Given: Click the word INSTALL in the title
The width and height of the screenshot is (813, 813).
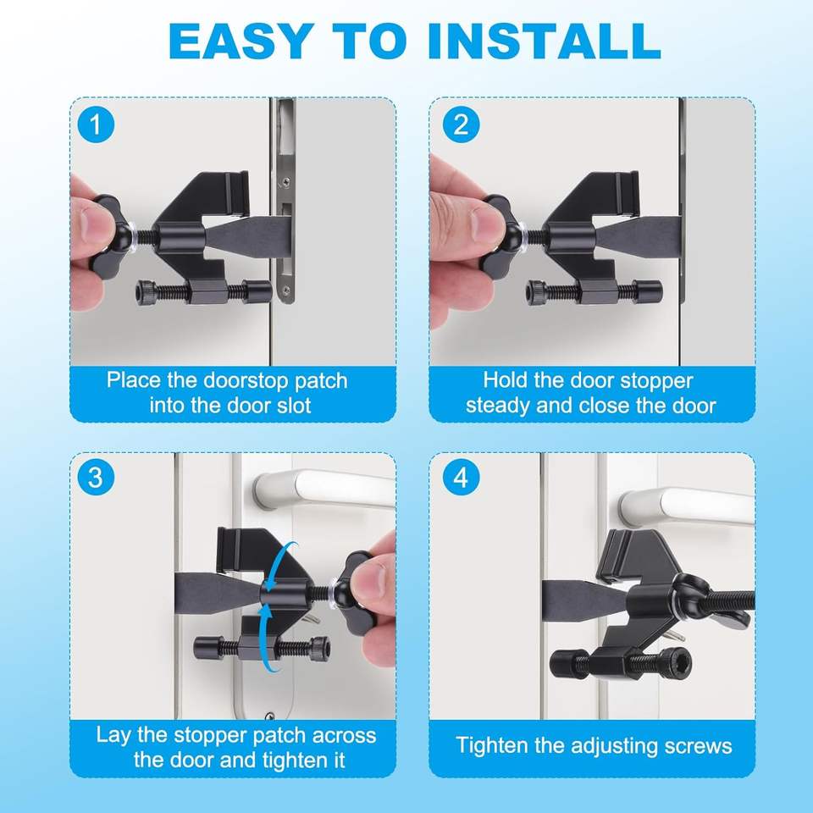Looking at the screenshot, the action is (x=545, y=41).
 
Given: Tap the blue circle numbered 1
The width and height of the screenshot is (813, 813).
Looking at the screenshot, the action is (x=96, y=125).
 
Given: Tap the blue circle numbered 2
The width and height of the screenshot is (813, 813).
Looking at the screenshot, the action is (x=461, y=125).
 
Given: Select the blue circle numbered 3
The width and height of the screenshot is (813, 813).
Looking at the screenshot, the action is (x=96, y=478).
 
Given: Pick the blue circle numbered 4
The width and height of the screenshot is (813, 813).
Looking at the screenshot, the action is (x=461, y=478).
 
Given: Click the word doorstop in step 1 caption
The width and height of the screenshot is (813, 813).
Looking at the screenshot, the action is (x=246, y=381).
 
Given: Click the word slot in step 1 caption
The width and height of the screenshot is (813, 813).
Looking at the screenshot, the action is (x=295, y=405).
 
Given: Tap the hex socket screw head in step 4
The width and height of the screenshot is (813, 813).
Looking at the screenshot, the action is (x=676, y=661).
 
